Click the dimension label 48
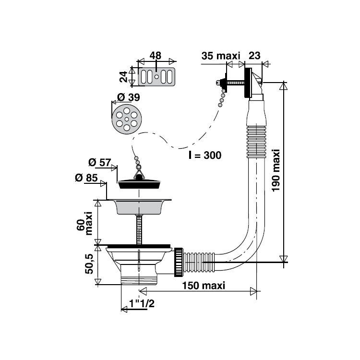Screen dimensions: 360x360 156,55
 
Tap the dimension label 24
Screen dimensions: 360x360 124,76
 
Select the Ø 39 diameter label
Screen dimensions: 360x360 129,97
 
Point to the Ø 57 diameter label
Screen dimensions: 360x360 100,163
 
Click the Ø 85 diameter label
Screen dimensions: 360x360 86,178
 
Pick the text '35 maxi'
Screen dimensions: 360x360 221,56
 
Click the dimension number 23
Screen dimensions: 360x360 254,55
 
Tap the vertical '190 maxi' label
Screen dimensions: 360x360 276,170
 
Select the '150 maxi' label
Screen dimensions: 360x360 204,286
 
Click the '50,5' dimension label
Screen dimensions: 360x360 89,264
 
